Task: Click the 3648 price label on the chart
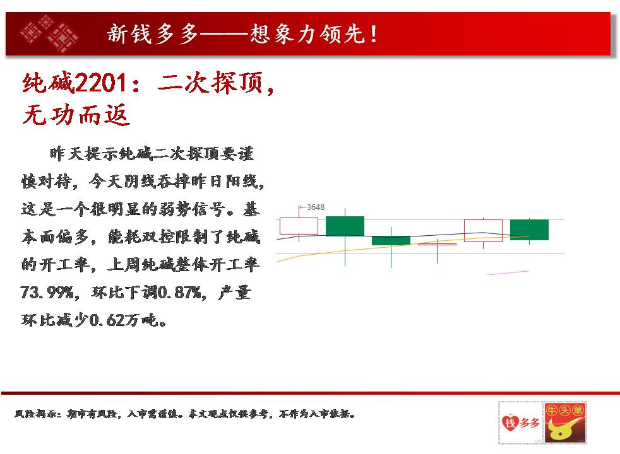point(316,207)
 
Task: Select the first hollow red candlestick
point(299,226)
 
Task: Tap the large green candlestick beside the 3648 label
point(345,226)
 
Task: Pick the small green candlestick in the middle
point(391,240)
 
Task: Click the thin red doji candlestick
point(437,245)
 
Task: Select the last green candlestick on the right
point(529,230)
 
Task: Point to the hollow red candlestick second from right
point(483,231)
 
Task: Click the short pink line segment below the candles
point(508,272)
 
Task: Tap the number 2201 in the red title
point(101,83)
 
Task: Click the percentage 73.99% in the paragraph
point(47,293)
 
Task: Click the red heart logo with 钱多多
point(521,423)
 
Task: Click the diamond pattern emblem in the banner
point(50,34)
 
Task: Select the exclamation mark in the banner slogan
point(373,34)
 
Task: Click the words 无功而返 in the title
point(76,115)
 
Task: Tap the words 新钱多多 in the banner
point(153,33)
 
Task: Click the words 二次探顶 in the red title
point(210,83)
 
